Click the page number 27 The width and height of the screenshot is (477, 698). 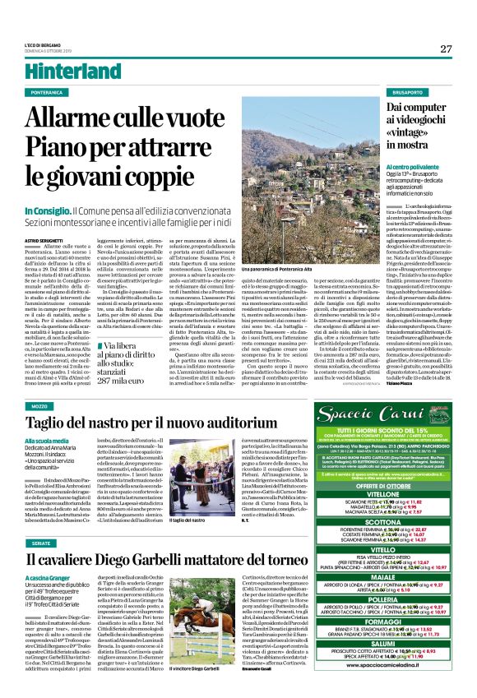[446, 49]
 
